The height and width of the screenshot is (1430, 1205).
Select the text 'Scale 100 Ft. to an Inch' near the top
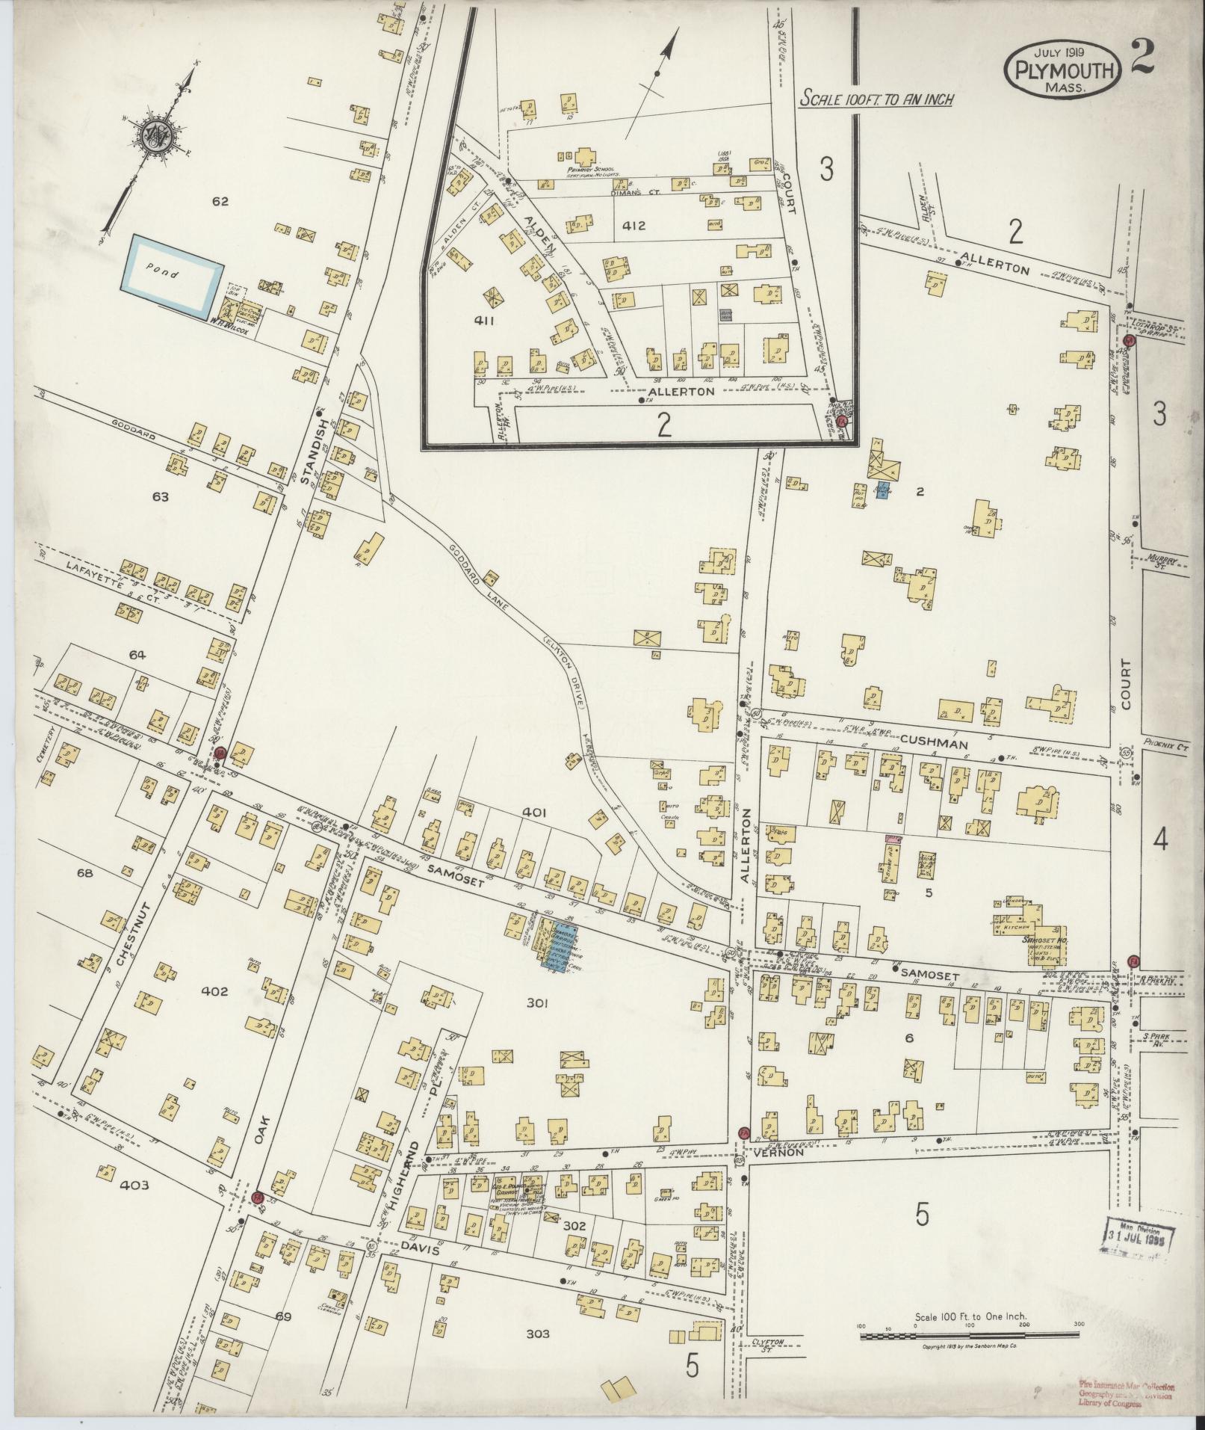click(x=876, y=98)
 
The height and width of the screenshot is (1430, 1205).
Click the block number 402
click(x=214, y=991)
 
